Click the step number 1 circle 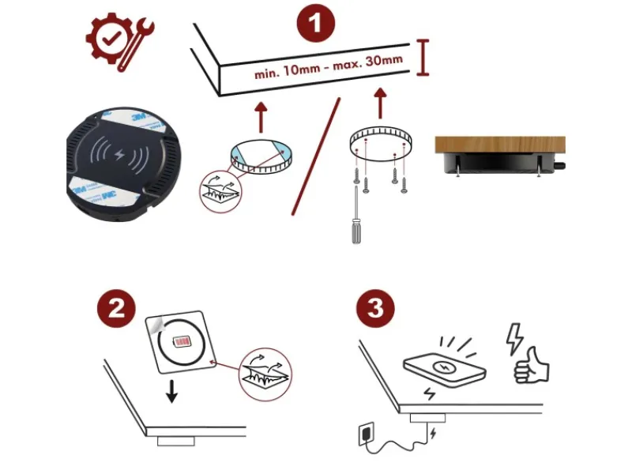click(x=315, y=23)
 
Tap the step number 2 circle click(x=116, y=308)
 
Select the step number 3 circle click(x=375, y=308)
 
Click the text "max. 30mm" click(x=367, y=62)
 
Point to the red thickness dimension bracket click(x=423, y=57)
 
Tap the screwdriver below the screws click(x=356, y=215)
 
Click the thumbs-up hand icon click(x=531, y=366)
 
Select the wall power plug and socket click(x=367, y=434)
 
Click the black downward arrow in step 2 click(x=171, y=391)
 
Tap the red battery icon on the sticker click(x=182, y=342)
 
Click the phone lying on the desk click(x=444, y=370)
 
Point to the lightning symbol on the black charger click(x=119, y=154)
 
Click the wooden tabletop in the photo click(x=500, y=145)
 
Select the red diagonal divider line click(x=316, y=156)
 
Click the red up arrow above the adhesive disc click(x=261, y=117)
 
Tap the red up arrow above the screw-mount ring click(x=380, y=103)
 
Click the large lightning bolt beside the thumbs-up click(x=514, y=339)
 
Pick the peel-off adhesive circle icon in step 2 click(x=265, y=374)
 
